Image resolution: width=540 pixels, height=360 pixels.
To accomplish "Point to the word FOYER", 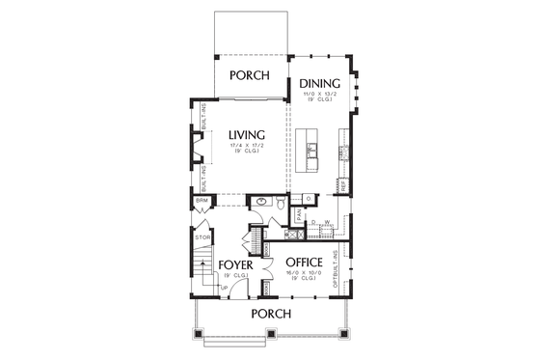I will tap(236, 263).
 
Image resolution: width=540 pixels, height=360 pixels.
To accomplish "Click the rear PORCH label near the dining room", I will tap(248, 74).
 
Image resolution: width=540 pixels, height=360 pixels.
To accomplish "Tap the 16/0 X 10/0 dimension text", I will tap(306, 273).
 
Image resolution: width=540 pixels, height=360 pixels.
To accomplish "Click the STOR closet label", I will tap(203, 236).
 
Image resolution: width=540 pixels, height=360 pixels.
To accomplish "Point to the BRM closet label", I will tap(202, 202).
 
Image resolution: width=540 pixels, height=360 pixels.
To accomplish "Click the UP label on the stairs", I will tap(224, 287).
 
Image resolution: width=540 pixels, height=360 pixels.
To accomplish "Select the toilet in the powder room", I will tap(279, 204).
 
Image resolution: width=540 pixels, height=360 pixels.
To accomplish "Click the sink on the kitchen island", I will tap(312, 151).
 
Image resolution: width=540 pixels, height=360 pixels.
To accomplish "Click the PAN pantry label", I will tap(301, 218).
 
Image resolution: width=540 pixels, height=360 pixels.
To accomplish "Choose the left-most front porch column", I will tap(200, 334).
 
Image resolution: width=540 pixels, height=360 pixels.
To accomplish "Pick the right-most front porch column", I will tap(344, 334).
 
